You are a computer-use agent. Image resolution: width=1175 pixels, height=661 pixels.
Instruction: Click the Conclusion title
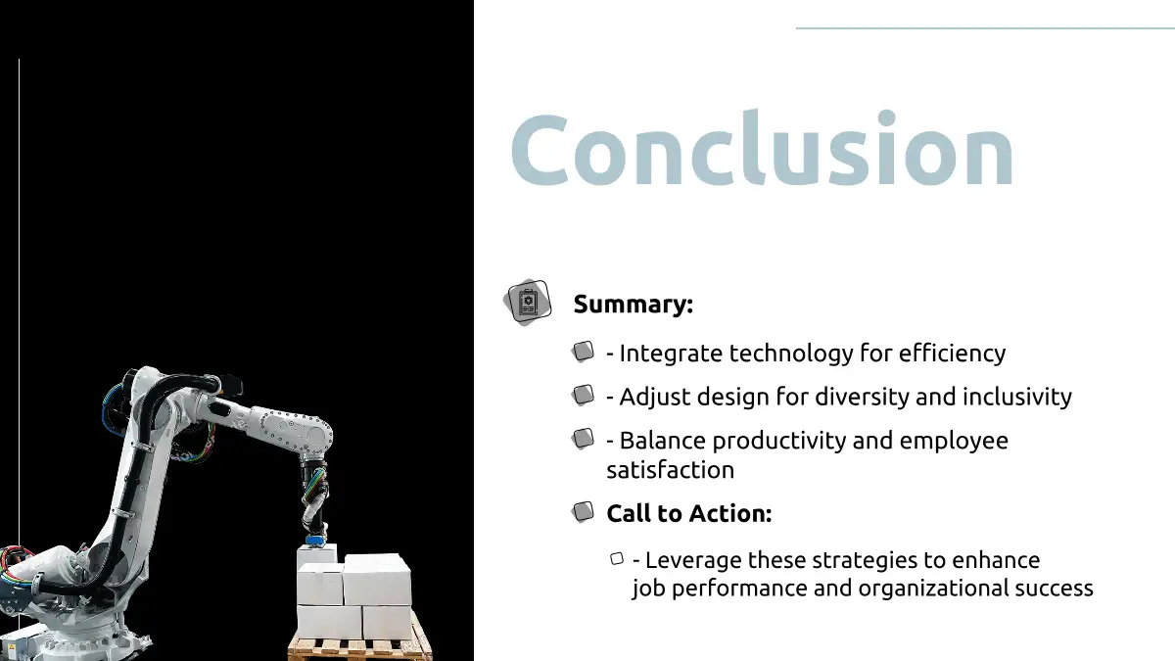(762, 148)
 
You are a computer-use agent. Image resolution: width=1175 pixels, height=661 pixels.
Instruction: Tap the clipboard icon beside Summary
(528, 303)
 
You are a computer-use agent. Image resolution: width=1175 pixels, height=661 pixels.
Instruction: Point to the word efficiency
(952, 354)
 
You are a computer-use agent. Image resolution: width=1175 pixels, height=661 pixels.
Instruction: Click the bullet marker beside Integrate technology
(583, 352)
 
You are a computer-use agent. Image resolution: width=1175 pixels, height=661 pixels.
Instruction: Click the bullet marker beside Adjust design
(583, 395)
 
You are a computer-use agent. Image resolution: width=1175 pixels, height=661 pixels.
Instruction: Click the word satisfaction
(671, 470)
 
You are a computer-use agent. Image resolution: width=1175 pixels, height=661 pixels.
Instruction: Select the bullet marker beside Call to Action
(583, 512)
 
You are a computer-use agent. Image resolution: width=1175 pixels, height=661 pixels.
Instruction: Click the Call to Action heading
(689, 513)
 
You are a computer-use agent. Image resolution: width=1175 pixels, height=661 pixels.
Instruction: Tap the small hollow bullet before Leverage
(617, 559)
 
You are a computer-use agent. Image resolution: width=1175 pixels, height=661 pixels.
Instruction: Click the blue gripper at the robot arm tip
(314, 540)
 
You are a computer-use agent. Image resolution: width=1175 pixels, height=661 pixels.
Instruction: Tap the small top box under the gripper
(317, 556)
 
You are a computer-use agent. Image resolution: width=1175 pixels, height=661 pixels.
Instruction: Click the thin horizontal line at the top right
(985, 27)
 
